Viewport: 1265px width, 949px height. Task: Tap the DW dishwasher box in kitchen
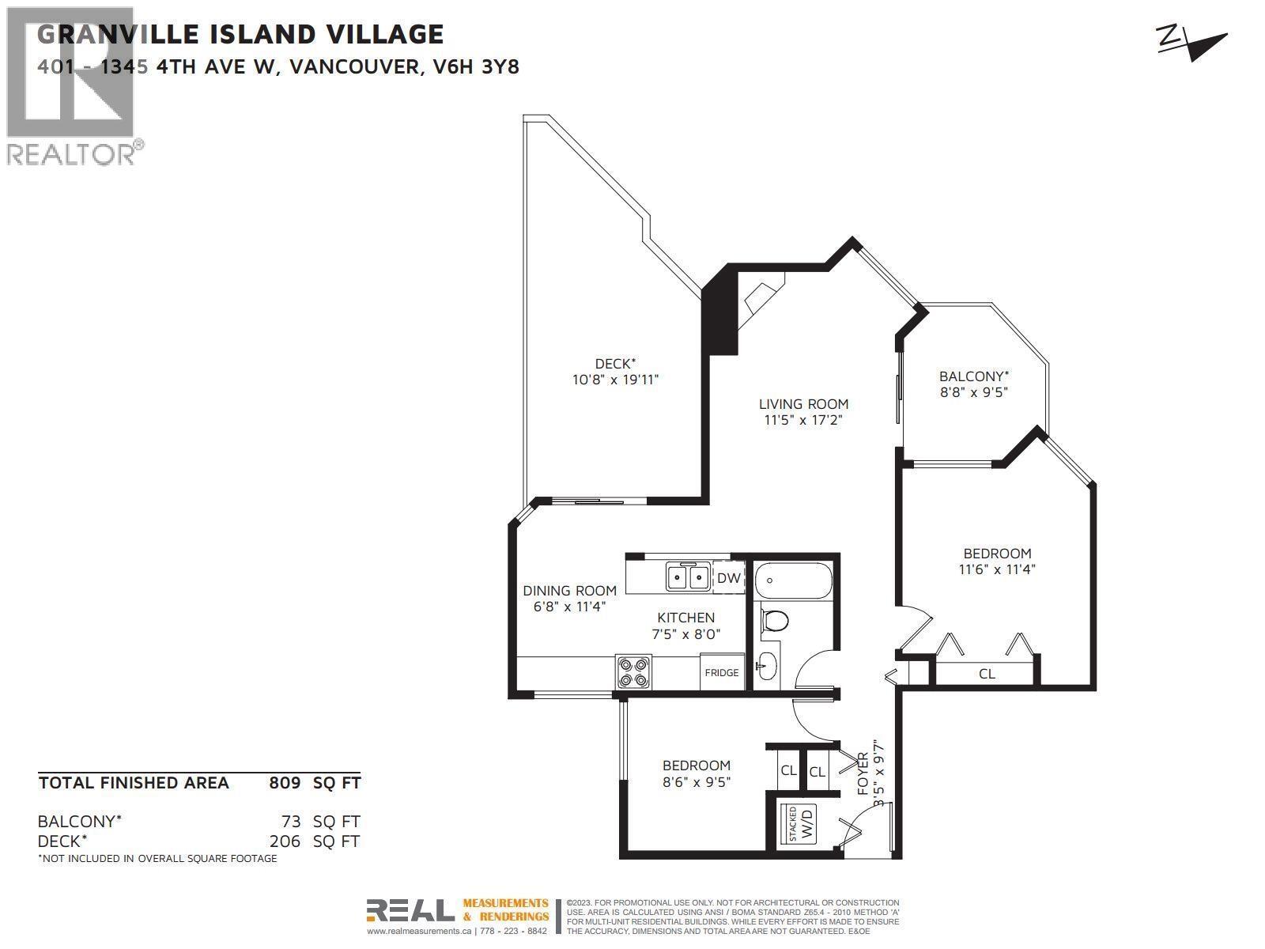pos(729,578)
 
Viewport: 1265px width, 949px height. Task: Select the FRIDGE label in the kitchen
pos(722,672)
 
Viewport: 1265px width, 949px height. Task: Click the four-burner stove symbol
pos(633,671)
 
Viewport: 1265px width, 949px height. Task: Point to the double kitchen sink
pos(686,577)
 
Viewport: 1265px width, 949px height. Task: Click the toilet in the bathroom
pos(774,621)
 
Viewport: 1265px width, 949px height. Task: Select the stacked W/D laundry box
pos(799,823)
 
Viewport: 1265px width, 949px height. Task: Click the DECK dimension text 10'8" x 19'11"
pos(615,380)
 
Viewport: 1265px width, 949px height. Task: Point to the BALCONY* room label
pos(973,376)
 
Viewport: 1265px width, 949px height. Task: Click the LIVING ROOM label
pos(803,404)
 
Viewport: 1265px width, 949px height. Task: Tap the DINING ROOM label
pos(569,591)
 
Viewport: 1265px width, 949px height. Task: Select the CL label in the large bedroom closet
pos(987,674)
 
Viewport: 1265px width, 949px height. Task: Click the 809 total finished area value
pos(285,783)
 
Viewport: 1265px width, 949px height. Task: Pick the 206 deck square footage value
pos(285,841)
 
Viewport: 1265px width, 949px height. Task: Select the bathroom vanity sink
pos(766,667)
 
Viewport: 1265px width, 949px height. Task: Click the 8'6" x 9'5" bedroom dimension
pos(696,782)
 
